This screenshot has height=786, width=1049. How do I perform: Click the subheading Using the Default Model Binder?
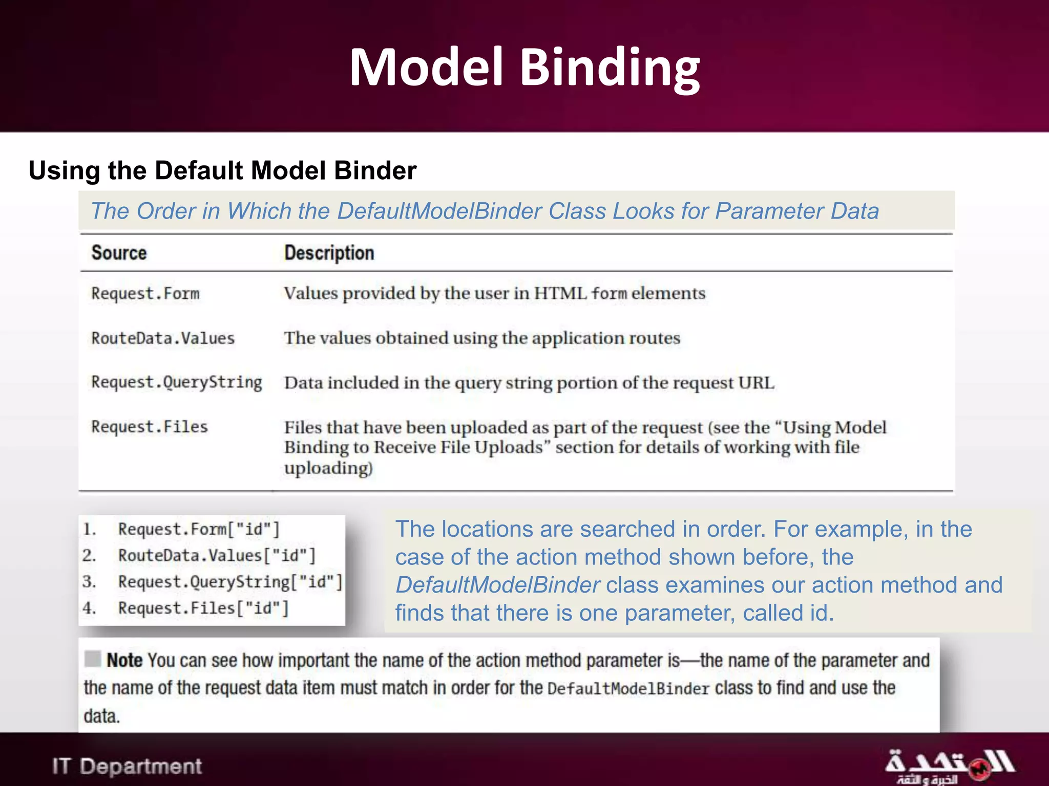(x=222, y=170)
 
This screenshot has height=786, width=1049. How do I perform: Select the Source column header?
(x=119, y=253)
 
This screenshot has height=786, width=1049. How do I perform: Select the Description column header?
(x=329, y=253)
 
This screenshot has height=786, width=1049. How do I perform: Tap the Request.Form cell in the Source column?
(x=145, y=294)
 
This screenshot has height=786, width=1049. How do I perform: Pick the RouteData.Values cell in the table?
(x=163, y=338)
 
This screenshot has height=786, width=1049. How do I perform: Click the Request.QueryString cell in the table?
(x=176, y=383)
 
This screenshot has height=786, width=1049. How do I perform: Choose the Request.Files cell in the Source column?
(x=150, y=427)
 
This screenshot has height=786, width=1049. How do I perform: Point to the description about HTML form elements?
(x=494, y=294)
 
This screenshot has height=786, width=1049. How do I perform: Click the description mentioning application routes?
(x=482, y=338)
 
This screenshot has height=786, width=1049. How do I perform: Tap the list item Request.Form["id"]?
(x=199, y=529)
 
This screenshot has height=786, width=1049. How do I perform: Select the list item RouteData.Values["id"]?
(x=217, y=556)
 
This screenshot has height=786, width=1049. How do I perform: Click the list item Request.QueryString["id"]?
(x=230, y=582)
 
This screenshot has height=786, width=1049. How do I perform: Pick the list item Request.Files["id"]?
(x=203, y=608)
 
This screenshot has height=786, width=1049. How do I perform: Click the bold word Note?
(x=124, y=661)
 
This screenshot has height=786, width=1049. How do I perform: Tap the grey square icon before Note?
(x=93, y=659)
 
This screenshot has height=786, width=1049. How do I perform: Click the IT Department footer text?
(x=127, y=767)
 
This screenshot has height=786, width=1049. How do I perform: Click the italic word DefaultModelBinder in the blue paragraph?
(x=497, y=585)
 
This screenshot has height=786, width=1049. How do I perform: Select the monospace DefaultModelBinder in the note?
(x=628, y=689)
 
